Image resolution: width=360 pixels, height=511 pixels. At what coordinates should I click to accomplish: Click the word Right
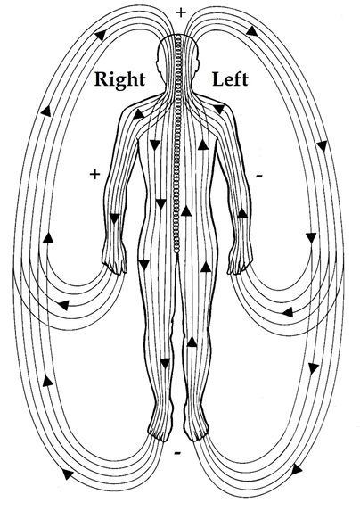coord(119,80)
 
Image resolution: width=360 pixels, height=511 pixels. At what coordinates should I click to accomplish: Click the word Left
coord(230,79)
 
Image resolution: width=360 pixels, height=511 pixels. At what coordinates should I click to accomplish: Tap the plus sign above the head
coord(181,12)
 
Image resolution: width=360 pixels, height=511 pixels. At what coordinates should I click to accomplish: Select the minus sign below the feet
coord(177,453)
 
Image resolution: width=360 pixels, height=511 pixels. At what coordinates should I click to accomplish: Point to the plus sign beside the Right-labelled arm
coord(94,175)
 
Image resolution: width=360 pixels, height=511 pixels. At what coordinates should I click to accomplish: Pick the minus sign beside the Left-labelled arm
coord(258,177)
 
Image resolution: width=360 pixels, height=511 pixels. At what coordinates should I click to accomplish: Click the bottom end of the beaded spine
coord(176,251)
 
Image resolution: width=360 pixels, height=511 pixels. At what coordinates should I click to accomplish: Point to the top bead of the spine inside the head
coord(177,37)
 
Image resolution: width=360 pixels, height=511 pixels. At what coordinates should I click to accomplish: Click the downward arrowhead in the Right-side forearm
coord(114,218)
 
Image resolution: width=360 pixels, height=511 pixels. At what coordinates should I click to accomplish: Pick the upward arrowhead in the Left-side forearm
coord(241,213)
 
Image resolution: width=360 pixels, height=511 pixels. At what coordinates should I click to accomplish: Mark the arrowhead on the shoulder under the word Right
coord(139,114)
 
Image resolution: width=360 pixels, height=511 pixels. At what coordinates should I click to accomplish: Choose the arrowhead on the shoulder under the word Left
coord(218,109)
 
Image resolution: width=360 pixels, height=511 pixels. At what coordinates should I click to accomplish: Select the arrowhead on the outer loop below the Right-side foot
coord(68,474)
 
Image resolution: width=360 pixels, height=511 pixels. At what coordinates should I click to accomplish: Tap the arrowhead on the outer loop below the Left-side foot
coord(297,470)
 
